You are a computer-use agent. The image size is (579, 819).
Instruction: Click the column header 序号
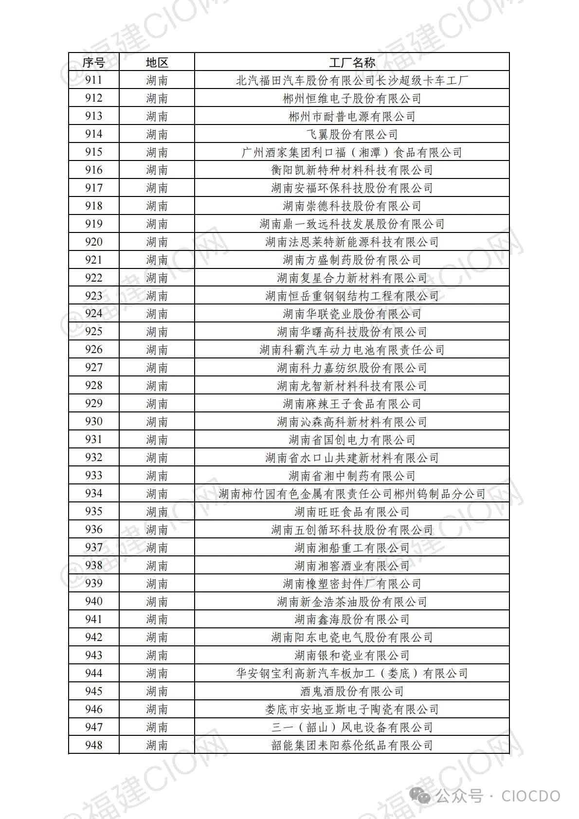pos(93,62)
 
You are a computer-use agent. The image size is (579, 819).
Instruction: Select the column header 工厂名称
pos(352,62)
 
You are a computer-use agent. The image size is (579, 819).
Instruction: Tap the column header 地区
pos(157,62)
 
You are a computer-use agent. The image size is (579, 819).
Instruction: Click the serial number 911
pos(93,80)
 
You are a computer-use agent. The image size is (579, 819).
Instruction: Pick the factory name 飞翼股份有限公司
pos(352,134)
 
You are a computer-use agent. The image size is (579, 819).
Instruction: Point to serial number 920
pos(93,242)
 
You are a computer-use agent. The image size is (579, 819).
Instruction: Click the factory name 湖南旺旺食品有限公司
pos(352,512)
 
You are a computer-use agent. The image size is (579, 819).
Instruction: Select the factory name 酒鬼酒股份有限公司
pos(352,691)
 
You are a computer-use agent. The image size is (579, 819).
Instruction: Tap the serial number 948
pos(93,745)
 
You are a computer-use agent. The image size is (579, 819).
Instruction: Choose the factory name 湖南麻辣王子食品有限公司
pos(352,404)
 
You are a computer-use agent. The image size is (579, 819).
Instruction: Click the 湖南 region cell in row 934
pos(157,494)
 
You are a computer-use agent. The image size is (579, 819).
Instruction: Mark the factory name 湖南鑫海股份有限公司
pos(352,620)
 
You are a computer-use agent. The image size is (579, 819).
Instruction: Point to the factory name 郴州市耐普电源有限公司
pos(352,116)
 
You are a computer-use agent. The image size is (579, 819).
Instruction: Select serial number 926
pos(93,350)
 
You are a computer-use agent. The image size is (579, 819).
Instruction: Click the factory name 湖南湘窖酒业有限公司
pos(352,566)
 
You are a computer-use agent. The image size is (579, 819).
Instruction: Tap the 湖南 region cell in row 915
pos(157,152)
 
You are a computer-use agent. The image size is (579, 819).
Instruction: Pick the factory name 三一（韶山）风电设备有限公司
pos(352,727)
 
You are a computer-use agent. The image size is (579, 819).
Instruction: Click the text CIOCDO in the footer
pos(531,796)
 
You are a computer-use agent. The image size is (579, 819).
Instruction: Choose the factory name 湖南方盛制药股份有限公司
pos(352,260)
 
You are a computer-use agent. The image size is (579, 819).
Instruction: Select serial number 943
pos(93,655)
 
